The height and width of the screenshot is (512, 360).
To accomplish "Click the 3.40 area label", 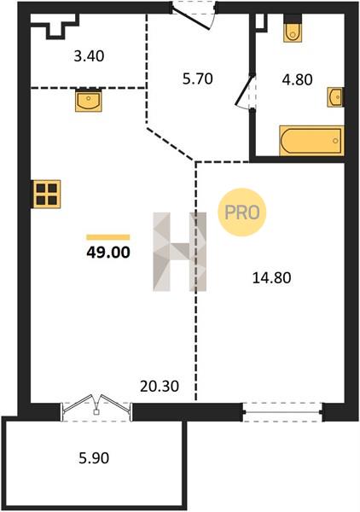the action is pos(89,56).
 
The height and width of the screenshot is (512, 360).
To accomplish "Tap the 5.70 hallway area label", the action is pos(198,79).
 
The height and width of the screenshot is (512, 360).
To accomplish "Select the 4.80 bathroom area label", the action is pos(298,79).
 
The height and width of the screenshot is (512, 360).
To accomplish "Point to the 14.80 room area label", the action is pos(272,278).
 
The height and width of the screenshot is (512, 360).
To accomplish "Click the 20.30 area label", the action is pos(160,387).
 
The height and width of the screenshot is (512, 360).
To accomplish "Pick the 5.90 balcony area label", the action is pos(94,458).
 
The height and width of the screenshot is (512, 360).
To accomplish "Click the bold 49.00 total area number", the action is pos(108,253).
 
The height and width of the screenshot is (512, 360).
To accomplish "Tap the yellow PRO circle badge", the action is pos(242,212).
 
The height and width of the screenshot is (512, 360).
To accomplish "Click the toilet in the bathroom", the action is pos(293,28).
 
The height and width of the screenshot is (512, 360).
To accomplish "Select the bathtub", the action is pos(311,141).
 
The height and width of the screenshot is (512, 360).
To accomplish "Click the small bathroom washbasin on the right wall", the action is pos(335,97).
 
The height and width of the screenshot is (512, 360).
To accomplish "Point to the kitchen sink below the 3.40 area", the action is pos(89,100).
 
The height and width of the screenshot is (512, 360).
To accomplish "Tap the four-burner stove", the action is pos(47,194).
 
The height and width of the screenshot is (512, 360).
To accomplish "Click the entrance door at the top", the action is pos(193,15).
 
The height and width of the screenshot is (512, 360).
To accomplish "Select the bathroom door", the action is pos(246,91).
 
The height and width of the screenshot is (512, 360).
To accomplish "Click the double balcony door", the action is pos(96,408).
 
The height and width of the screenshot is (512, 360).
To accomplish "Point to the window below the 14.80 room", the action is pos(283,412).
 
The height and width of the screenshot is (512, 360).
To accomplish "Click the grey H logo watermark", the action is pos(180,252).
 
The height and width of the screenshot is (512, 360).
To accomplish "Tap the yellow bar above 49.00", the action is pos(108,237).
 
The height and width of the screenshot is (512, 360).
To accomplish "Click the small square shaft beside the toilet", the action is pos(260,22).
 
